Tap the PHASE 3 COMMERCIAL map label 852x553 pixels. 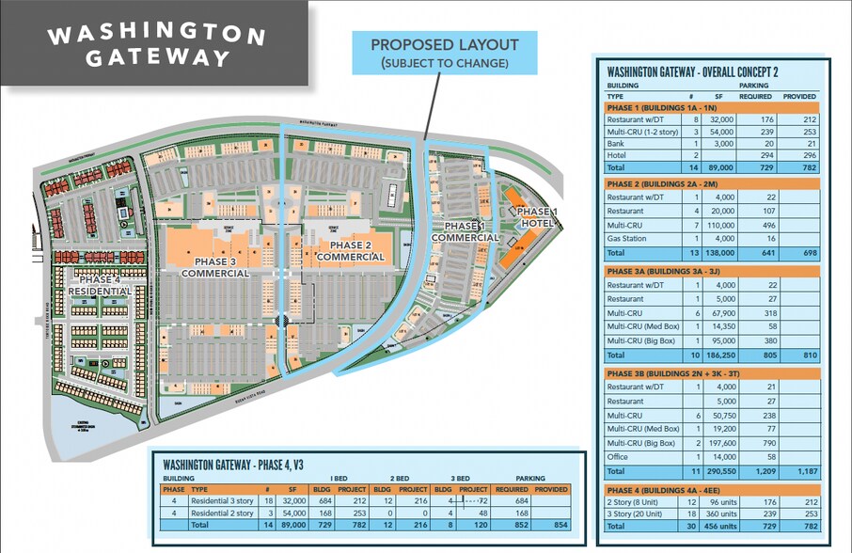(214, 264)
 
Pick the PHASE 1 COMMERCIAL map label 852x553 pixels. (465, 232)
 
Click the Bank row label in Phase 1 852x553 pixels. (618, 142)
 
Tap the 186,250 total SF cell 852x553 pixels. (718, 356)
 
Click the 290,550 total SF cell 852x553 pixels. (718, 470)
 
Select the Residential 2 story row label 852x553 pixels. (222, 513)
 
